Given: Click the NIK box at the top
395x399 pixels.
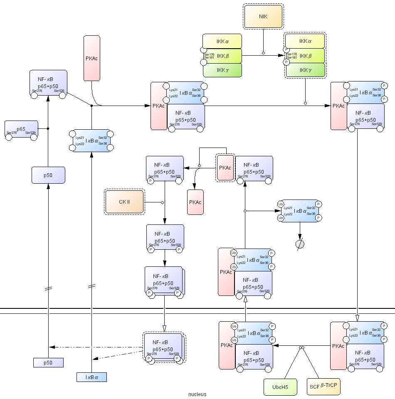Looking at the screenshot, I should pos(263,17).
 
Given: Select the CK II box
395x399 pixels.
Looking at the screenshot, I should pos(125,202).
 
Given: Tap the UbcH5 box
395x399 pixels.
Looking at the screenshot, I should pos(280,387).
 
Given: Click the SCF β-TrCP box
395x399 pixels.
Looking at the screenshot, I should pos(323,387).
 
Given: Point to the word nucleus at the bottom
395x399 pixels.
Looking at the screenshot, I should pos(197,394).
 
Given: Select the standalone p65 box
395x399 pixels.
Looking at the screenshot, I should pos(21,130).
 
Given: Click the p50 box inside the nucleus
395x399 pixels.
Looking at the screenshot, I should pos(48,362).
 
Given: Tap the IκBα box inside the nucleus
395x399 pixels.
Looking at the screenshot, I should pos(91,377).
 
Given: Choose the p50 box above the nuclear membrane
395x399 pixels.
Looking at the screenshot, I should pos(48,175).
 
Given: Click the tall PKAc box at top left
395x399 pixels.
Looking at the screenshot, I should pos(92,58).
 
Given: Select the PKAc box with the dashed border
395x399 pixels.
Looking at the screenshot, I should pos(225,167).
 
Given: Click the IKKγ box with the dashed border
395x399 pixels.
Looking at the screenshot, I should pos(305,70).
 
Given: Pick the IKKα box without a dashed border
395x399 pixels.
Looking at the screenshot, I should pos(222,41).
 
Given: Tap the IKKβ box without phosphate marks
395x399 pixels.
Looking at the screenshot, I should pos(222,56).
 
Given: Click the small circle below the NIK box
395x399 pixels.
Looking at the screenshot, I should pos(263,53).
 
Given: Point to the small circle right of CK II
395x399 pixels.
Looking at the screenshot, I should pos(162,202).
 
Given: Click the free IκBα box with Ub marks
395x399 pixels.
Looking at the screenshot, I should pos(299,211).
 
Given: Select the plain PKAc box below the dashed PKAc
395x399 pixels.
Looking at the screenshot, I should pos(195,202).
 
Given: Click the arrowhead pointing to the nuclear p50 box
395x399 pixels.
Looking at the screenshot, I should pos(51,347).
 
